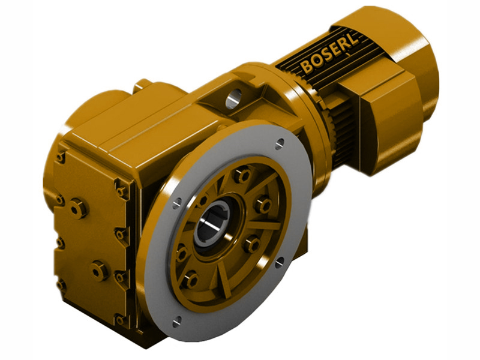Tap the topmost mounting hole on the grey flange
coord(280,143)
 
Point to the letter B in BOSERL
coord(307,66)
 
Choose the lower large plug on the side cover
coord(99,270)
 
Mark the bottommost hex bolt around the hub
coord(191,279)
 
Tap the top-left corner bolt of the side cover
coord(61,157)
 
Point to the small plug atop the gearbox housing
coord(142,85)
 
